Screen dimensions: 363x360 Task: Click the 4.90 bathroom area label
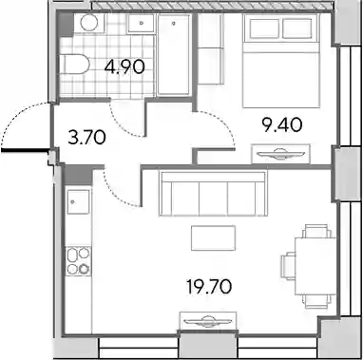[124, 66]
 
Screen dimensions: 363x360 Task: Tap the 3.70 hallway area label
[86, 138]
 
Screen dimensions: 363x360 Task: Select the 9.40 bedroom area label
[282, 125]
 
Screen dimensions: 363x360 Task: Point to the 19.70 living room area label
[209, 287]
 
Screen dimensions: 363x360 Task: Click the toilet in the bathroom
[75, 65]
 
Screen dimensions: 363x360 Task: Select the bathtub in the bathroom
[174, 54]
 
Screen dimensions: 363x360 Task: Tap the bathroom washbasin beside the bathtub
[142, 24]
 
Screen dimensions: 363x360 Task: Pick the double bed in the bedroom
[281, 61]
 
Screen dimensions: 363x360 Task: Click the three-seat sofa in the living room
[213, 194]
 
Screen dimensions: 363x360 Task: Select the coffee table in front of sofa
[213, 237]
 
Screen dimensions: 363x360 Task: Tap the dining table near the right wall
[315, 266]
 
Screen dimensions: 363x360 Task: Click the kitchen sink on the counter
[78, 201]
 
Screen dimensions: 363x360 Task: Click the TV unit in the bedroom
[280, 154]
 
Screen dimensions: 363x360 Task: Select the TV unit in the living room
[208, 321]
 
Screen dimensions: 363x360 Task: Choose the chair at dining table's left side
[288, 266]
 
